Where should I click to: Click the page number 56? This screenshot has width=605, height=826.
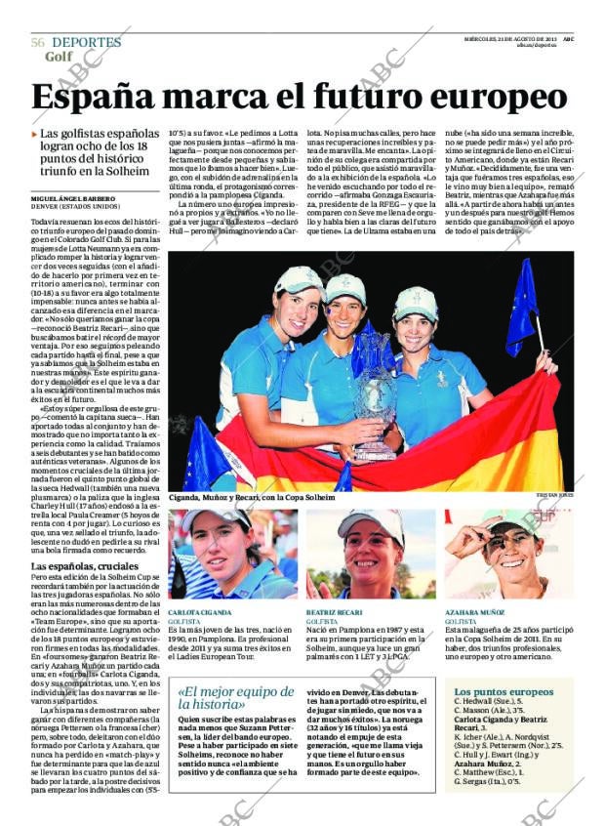pyautogui.click(x=37, y=43)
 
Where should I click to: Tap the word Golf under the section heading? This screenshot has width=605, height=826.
pyautogui.click(x=60, y=57)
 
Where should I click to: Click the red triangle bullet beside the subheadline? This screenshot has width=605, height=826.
pyautogui.click(x=35, y=135)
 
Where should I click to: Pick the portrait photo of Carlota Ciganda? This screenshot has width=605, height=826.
pyautogui.click(x=232, y=553)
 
